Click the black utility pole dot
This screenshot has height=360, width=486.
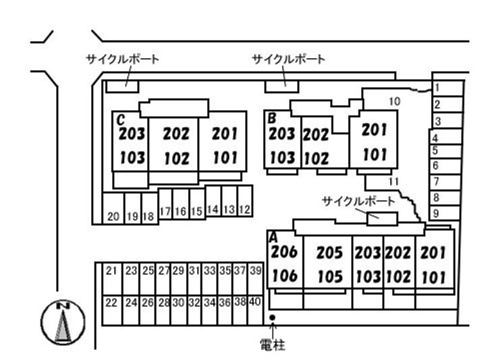[x=272, y=317]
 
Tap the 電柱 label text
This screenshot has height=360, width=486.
[x=273, y=344]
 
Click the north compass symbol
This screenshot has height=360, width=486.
[x=63, y=322]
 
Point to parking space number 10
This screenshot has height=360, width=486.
[x=395, y=101]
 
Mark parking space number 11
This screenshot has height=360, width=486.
[x=394, y=182]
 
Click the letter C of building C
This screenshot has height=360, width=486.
[x=121, y=120]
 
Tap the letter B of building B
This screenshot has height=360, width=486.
[x=272, y=118]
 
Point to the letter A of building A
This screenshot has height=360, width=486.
[x=273, y=237]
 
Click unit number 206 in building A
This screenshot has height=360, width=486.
[x=284, y=251]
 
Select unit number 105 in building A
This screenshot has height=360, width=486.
[x=330, y=277]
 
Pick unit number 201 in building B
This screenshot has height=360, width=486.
[x=375, y=130]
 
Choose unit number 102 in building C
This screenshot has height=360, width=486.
[x=177, y=159]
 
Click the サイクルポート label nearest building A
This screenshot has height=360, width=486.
[x=358, y=201]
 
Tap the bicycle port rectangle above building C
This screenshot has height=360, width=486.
[x=122, y=86]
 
